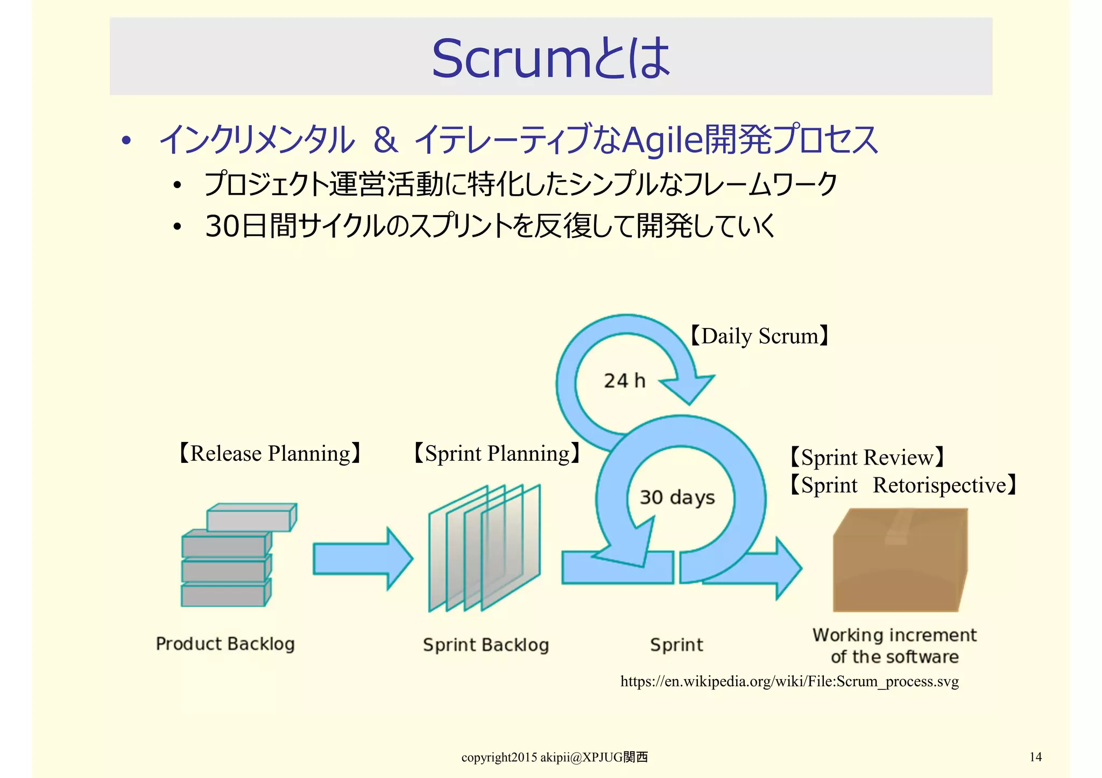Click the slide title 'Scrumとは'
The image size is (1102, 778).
(550, 58)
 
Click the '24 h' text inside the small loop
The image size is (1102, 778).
(624, 381)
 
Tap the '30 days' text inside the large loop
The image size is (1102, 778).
(677, 497)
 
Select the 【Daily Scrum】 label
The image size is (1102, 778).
(759, 336)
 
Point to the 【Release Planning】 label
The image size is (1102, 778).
(270, 453)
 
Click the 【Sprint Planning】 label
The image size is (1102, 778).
(497, 453)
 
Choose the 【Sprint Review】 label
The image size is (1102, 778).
(866, 458)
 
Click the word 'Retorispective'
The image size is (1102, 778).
(939, 485)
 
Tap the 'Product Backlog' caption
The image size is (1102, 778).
(225, 644)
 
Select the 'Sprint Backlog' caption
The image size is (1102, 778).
(485, 645)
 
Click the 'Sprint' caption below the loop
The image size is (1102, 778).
(676, 645)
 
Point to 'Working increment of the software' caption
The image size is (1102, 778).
(894, 646)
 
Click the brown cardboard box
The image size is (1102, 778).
(899, 562)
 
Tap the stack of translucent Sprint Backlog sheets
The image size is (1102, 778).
(484, 548)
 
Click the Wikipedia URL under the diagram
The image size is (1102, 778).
(789, 682)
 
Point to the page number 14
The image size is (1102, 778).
(1035, 757)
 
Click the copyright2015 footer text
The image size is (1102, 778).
(554, 758)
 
